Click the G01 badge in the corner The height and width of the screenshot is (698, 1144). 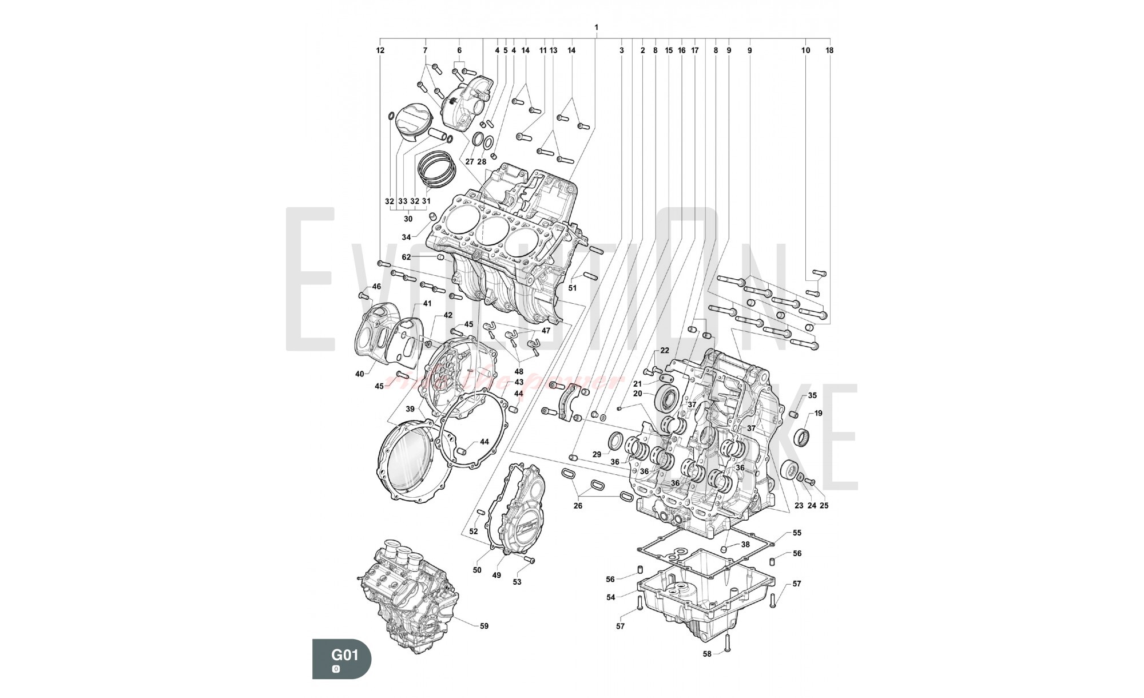click(x=341, y=659)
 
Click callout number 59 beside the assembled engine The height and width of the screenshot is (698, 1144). click(x=484, y=626)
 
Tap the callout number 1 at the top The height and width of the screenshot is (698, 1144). click(x=597, y=27)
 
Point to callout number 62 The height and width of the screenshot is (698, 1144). click(x=406, y=257)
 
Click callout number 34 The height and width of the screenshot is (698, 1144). click(x=406, y=237)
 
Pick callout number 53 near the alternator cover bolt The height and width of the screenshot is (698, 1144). click(x=517, y=582)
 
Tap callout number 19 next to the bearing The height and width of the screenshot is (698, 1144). click(x=819, y=413)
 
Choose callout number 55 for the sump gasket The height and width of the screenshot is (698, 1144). click(x=797, y=533)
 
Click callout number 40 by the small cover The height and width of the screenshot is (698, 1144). click(x=359, y=374)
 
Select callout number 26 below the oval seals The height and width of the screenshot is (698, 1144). click(x=578, y=506)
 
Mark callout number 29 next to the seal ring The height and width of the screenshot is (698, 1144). click(x=597, y=454)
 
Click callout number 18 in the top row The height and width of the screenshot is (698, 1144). click(x=829, y=50)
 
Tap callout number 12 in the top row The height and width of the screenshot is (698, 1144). click(x=380, y=50)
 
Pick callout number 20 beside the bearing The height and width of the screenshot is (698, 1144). click(x=638, y=394)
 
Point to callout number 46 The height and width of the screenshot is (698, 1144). click(x=376, y=287)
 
